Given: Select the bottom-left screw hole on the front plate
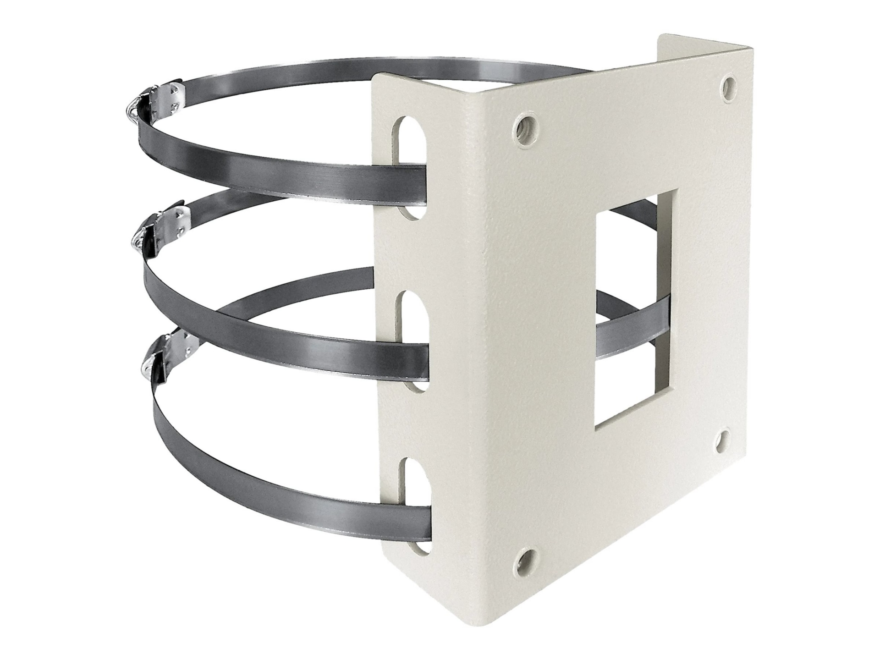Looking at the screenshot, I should [x=523, y=559].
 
